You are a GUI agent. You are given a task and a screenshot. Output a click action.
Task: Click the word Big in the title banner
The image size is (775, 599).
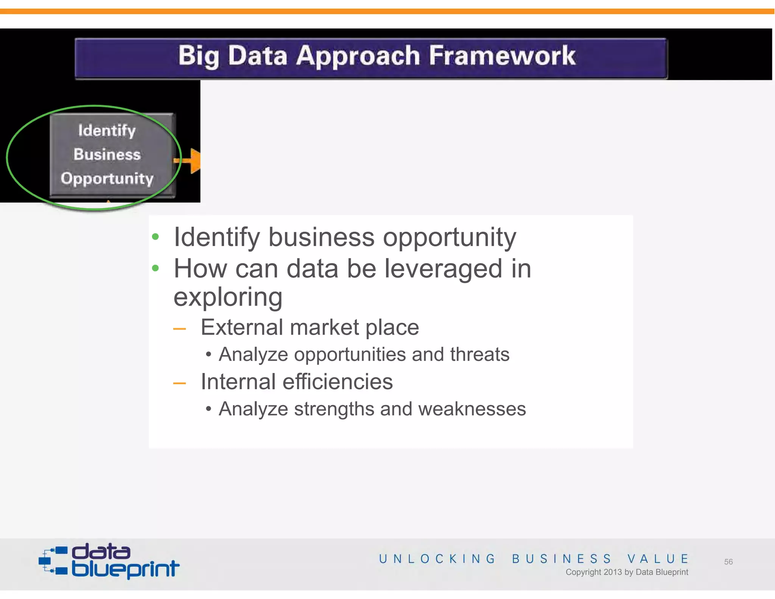(x=198, y=56)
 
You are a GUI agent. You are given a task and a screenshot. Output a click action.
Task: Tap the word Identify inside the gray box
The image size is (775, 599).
(x=107, y=131)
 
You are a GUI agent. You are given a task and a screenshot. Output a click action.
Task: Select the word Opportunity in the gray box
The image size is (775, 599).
(x=107, y=178)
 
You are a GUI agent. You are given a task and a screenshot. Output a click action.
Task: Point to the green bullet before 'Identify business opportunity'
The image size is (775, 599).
(x=155, y=237)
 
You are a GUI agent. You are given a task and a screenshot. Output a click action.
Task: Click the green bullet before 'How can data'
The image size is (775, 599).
(x=155, y=268)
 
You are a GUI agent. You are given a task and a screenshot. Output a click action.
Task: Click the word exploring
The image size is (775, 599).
(x=228, y=297)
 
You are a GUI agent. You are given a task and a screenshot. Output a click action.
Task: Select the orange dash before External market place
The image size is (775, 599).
(x=179, y=329)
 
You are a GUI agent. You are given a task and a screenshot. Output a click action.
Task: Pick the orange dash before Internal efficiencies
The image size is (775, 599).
(x=179, y=383)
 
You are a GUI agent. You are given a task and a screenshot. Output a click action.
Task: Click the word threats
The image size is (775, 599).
(x=479, y=355)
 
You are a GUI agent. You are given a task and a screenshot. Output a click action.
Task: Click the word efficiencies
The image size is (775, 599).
(x=338, y=382)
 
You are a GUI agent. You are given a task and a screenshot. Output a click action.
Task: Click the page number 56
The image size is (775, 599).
(x=728, y=562)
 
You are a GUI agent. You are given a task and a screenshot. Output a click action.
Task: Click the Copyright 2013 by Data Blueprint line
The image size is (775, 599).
(x=627, y=572)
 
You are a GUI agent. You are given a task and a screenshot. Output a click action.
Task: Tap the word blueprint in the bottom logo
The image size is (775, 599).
(x=125, y=569)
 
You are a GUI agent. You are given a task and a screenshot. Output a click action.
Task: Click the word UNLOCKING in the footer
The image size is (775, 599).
(x=437, y=559)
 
